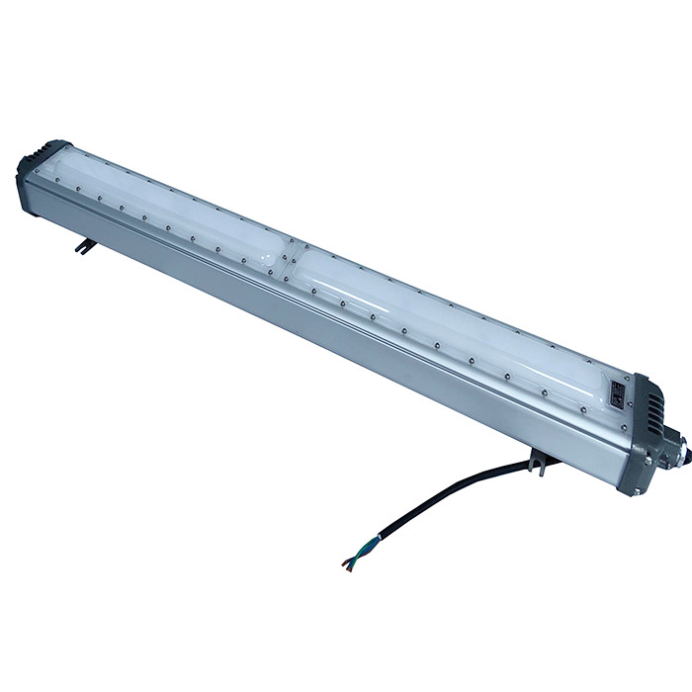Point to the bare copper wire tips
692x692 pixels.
click(x=344, y=564)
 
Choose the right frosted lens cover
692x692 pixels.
click(x=445, y=316)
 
